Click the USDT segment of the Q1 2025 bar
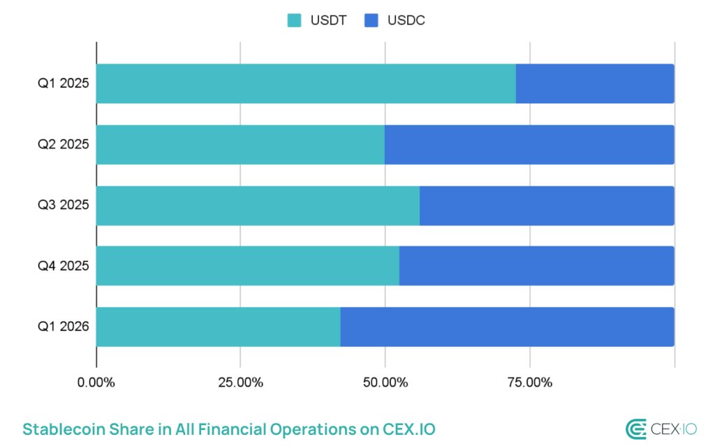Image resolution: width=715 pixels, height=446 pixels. [x=306, y=84]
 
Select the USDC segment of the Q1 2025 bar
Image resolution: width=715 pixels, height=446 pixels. [x=595, y=84]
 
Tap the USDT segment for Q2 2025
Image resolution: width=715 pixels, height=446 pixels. [x=240, y=144]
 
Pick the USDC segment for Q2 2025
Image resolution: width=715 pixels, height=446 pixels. [x=529, y=144]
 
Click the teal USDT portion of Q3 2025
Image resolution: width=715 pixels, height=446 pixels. [x=258, y=205]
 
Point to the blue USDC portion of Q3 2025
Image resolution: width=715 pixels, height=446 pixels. [x=547, y=205]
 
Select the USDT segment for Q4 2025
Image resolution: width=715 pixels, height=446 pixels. [x=248, y=266]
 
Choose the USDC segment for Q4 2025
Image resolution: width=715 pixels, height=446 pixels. [x=536, y=266]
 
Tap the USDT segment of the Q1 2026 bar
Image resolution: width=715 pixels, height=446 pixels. [x=218, y=327]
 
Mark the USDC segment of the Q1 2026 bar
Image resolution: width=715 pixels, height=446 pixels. [x=507, y=327]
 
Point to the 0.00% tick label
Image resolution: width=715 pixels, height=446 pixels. [x=96, y=382]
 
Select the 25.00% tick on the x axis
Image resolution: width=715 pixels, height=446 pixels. [x=240, y=382]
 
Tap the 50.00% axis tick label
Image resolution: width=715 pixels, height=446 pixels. [x=385, y=382]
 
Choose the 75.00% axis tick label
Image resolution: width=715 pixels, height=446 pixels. [x=529, y=382]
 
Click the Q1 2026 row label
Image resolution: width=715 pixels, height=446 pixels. [x=63, y=327]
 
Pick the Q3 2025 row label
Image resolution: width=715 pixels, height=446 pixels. [x=63, y=205]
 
